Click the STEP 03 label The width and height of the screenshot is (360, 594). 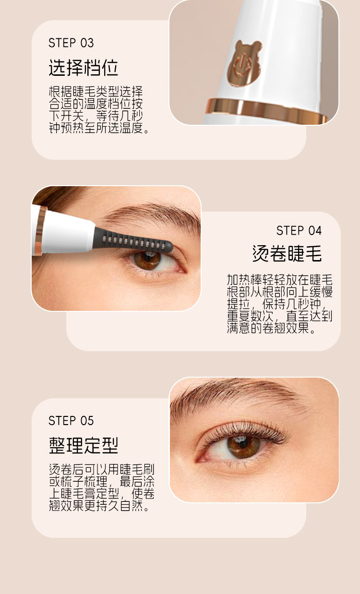[x=71, y=43]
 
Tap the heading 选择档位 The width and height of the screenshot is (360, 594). [x=84, y=68]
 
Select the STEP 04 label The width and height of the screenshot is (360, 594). [x=299, y=231]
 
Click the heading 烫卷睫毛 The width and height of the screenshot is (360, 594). [x=287, y=253]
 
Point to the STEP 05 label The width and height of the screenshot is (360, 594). [x=71, y=421]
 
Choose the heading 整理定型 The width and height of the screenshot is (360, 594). [x=84, y=445]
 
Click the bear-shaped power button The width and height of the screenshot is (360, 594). [x=243, y=64]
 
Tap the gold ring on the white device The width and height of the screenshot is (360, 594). [x=265, y=110]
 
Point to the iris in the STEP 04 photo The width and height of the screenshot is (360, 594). [x=147, y=261]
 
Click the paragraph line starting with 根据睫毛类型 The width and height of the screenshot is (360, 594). [x=96, y=92]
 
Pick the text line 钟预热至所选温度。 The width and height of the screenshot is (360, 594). [x=99, y=128]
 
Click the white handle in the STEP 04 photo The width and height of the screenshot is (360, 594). [x=64, y=230]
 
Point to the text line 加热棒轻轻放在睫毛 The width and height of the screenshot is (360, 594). [x=280, y=280]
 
